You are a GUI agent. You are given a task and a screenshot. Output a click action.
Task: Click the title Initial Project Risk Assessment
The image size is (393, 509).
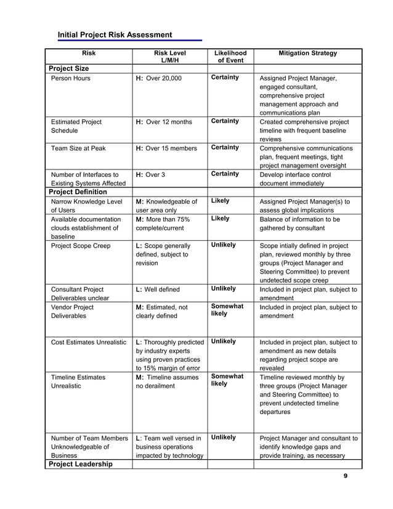click(x=115, y=35)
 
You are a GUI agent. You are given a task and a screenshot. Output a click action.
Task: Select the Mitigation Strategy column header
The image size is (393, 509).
click(x=307, y=54)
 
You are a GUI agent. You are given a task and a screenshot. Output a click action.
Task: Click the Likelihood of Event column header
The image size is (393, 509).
click(x=230, y=57)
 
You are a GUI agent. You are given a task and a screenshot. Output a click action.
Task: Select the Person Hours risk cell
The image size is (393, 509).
click(x=70, y=78)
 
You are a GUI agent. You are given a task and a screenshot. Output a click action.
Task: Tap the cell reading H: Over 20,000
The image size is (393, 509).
click(x=159, y=78)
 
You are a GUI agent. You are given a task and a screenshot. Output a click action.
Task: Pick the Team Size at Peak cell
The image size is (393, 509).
click(x=81, y=148)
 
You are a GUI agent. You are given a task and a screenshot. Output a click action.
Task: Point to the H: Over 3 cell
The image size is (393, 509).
click(x=150, y=174)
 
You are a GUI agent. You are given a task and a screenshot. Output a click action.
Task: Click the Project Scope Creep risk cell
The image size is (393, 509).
click(x=81, y=245)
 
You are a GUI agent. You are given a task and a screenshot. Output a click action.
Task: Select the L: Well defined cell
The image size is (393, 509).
click(x=158, y=289)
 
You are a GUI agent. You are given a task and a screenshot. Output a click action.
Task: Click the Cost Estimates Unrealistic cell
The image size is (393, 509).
click(x=88, y=341)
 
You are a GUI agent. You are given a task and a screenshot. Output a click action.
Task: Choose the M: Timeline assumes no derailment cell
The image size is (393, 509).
click(x=163, y=381)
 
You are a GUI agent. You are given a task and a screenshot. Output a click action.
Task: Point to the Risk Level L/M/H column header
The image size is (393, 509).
click(x=169, y=57)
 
